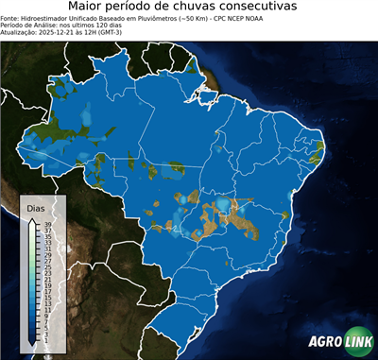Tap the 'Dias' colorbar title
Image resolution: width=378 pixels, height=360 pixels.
click(x=35, y=207)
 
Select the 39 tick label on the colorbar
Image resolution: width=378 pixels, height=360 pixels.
click(x=48, y=224)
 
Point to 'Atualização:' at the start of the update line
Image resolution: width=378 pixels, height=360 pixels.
click(x=17, y=31)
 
